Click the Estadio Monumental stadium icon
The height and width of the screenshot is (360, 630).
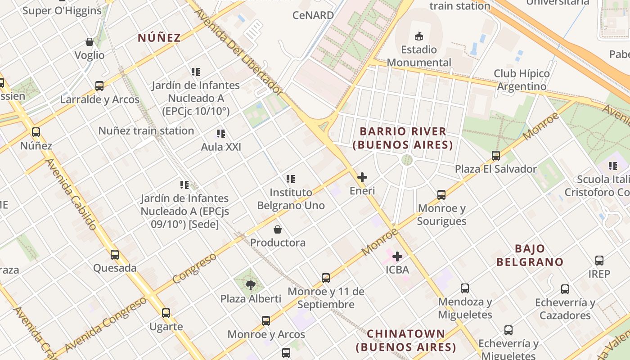pyautogui.click(x=419, y=36)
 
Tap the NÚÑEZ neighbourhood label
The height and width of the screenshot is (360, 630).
pyautogui.click(x=159, y=38)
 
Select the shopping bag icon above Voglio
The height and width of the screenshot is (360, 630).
pyautogui.click(x=90, y=42)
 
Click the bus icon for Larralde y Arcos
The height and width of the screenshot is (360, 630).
pyautogui.click(x=99, y=85)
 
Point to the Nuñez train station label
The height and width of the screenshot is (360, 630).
pyautogui.click(x=146, y=131)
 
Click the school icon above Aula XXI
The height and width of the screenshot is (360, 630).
pyautogui.click(x=220, y=134)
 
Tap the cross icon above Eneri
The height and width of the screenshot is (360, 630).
pyautogui.click(x=362, y=177)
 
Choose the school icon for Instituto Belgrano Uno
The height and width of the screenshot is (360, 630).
pyautogui.click(x=291, y=179)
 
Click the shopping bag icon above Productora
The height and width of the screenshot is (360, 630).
pyautogui.click(x=278, y=229)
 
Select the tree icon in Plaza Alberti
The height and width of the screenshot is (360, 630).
pyautogui.click(x=251, y=285)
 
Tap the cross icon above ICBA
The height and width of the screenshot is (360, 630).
pyautogui.click(x=397, y=256)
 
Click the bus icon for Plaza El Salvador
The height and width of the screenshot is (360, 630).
pyautogui.click(x=495, y=156)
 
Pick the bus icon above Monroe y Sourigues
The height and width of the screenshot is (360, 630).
pyautogui.click(x=441, y=195)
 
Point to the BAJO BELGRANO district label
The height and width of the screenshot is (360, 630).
pyautogui.click(x=530, y=255)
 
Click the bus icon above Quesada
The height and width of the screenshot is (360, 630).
pyautogui.click(x=115, y=255)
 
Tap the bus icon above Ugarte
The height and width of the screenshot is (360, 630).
pyautogui.click(x=166, y=313)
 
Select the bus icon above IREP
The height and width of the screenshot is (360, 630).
pyautogui.click(x=599, y=261)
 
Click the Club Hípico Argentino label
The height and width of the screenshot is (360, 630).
pyautogui.click(x=522, y=80)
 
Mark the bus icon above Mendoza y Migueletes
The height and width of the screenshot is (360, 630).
pyautogui.click(x=465, y=288)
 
